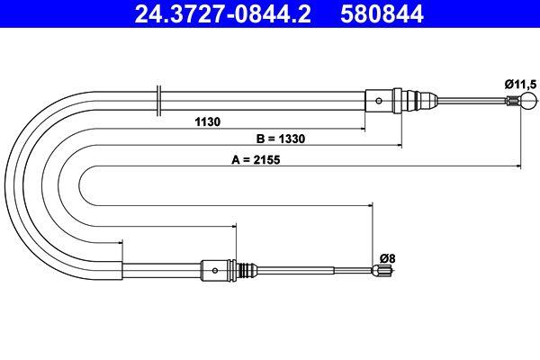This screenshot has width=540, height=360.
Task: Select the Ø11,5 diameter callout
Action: click(x=519, y=84)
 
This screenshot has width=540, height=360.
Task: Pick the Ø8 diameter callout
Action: click(x=387, y=257)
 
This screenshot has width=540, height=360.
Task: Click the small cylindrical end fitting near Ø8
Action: click(x=382, y=268)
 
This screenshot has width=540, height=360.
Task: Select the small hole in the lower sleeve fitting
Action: click(x=214, y=268)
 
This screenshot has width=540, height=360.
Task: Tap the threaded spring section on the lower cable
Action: click(x=241, y=268)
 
